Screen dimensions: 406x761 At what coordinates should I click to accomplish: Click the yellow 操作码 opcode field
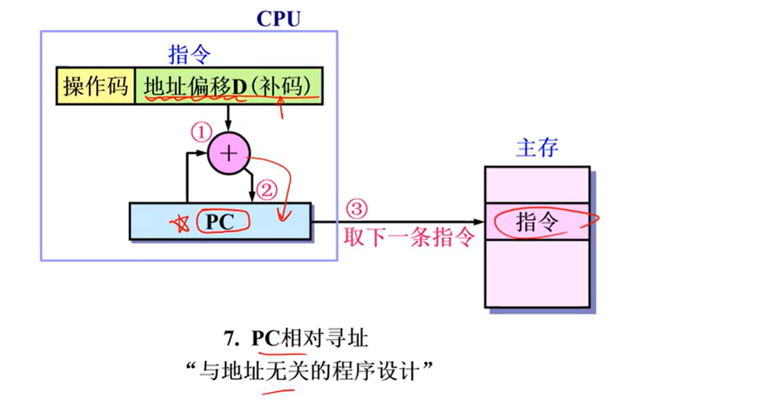[x=96, y=86]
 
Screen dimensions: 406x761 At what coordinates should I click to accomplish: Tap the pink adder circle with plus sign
[x=229, y=154]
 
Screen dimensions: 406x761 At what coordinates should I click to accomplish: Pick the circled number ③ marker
[x=356, y=209]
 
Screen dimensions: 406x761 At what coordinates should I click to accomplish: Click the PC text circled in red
[x=220, y=222]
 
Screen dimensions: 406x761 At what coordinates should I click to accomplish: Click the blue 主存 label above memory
[x=537, y=148]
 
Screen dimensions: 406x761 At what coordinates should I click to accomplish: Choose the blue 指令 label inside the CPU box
[x=189, y=54]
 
